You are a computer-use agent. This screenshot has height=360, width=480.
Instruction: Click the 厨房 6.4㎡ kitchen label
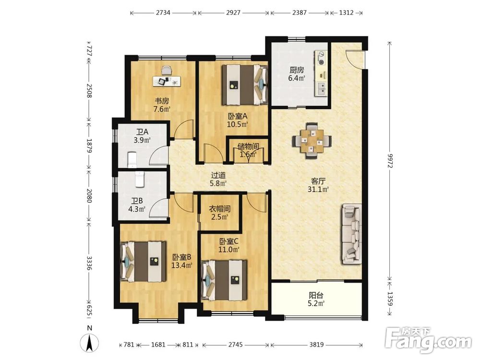(x=297, y=74)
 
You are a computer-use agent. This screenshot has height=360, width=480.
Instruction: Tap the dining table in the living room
(x=312, y=141)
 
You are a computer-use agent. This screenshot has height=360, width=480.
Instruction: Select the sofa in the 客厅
(x=351, y=234)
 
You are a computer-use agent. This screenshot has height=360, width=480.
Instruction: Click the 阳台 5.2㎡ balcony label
(x=316, y=300)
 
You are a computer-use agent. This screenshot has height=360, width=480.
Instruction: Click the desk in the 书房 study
(x=167, y=81)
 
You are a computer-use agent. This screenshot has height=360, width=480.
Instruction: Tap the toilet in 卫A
(x=132, y=159)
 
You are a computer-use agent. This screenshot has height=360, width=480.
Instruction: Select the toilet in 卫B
(x=139, y=180)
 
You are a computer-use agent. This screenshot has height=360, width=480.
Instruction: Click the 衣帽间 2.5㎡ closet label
(x=219, y=213)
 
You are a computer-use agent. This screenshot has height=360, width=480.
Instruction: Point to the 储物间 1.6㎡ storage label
(x=248, y=150)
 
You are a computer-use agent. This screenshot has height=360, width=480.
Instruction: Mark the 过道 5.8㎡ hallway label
(x=218, y=180)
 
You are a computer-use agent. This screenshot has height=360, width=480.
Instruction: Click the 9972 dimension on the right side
(x=390, y=160)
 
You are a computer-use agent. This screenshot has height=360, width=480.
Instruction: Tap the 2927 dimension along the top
(x=233, y=13)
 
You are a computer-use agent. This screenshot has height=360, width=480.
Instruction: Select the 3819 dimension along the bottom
(x=316, y=345)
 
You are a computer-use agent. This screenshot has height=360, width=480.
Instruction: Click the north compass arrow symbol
(x=89, y=343)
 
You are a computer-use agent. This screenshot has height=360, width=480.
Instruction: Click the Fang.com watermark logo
(x=428, y=340)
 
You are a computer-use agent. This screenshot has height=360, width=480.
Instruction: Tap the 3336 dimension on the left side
(x=89, y=263)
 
